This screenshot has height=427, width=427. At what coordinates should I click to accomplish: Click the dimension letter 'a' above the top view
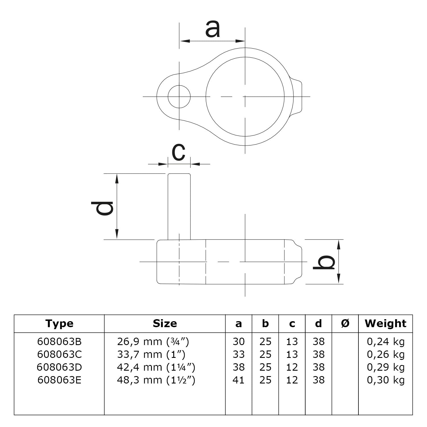click(x=213, y=30)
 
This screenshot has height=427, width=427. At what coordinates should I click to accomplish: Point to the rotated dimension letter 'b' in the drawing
click(x=324, y=262)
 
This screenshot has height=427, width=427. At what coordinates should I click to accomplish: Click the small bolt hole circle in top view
click(x=179, y=96)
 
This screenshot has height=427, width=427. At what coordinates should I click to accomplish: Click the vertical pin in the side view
click(x=179, y=206)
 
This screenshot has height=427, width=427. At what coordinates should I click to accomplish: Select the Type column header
click(x=59, y=323)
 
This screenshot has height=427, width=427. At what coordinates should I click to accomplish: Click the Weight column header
click(x=385, y=323)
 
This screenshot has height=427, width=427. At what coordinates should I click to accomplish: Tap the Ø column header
click(x=345, y=323)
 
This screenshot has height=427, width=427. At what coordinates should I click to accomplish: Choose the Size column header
click(x=165, y=323)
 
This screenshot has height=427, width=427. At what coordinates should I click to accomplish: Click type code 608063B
click(x=59, y=341)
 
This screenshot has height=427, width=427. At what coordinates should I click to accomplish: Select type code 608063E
click(x=59, y=380)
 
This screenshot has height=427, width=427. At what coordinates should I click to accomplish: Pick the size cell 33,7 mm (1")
click(x=151, y=354)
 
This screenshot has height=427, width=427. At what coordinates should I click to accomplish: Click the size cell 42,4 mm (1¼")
click(x=156, y=367)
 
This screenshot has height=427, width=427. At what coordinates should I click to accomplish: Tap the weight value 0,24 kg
click(x=385, y=341)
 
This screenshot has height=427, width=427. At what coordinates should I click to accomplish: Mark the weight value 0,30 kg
click(x=385, y=380)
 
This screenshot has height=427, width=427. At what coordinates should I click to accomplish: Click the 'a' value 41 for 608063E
click(x=238, y=380)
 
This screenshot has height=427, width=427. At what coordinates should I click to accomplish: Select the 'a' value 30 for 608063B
click(x=238, y=341)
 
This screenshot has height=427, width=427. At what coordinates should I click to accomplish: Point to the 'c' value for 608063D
click(x=292, y=367)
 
